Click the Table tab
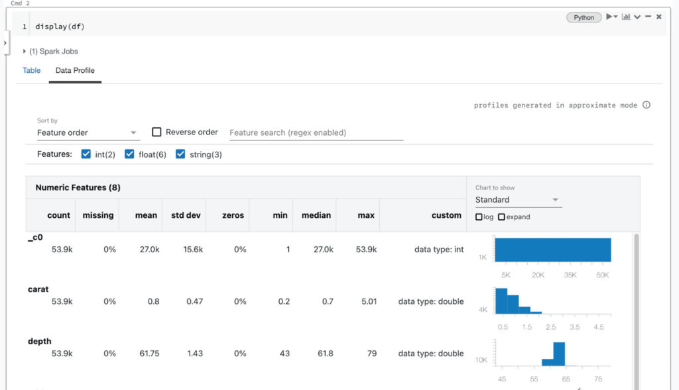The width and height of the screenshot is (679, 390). (x=32, y=70)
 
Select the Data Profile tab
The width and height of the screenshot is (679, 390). (x=75, y=70)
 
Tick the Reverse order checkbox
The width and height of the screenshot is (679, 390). (x=156, y=132)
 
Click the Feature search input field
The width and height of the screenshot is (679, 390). (x=316, y=132)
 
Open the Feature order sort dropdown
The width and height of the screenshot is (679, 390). (x=88, y=132)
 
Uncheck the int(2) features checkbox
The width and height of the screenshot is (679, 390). (x=86, y=154)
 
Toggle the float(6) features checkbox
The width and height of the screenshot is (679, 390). (x=130, y=154)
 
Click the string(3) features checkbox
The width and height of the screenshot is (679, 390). (x=180, y=154)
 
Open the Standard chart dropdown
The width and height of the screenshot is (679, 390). (x=518, y=200)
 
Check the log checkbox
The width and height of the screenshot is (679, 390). (x=479, y=217)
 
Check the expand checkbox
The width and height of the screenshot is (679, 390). (x=502, y=217)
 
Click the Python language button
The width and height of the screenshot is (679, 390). (x=584, y=17)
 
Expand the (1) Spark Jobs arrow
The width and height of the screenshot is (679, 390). (x=25, y=51)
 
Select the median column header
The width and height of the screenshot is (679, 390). (x=316, y=215)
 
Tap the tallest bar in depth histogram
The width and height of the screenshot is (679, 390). (x=559, y=354)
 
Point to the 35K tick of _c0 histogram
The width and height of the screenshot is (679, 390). (x=570, y=274)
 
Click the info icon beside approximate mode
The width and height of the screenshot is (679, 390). (x=647, y=105)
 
